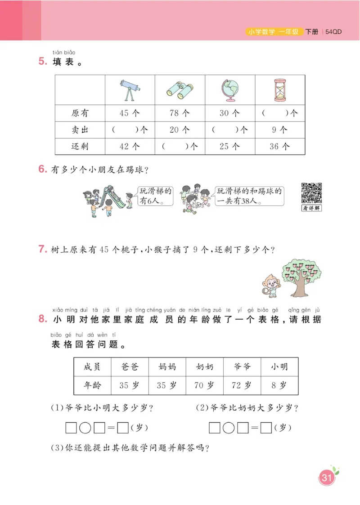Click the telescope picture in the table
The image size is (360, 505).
[x=130, y=90]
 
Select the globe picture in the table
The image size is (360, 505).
[x=229, y=90]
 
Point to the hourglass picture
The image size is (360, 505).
[x=280, y=90]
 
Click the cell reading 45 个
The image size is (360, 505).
[x=130, y=113]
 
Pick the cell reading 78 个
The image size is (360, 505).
[x=180, y=113]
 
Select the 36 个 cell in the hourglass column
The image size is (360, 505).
[x=280, y=146]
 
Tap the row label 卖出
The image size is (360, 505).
[x=80, y=130]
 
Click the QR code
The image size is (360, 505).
[x=311, y=193]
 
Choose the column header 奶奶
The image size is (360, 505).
[x=205, y=367]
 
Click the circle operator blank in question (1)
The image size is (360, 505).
[x=85, y=427]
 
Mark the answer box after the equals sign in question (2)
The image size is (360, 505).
[x=266, y=427]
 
